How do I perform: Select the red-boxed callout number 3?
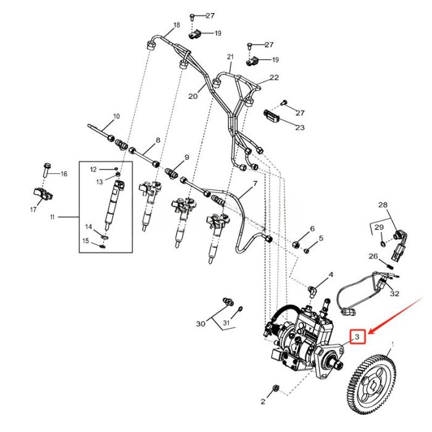click(x=357, y=336)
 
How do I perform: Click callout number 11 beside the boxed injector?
click(x=52, y=217)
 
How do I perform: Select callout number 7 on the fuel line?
click(x=254, y=185)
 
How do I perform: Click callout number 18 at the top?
click(x=177, y=25)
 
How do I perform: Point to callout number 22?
click(x=274, y=78)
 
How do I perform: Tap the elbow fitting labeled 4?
click(x=315, y=285)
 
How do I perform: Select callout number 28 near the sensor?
click(x=383, y=204)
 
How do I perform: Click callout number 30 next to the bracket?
click(x=200, y=323)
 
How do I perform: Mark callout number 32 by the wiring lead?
click(x=395, y=294)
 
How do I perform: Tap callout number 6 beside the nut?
click(x=312, y=229)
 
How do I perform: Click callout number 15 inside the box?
click(x=86, y=240)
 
